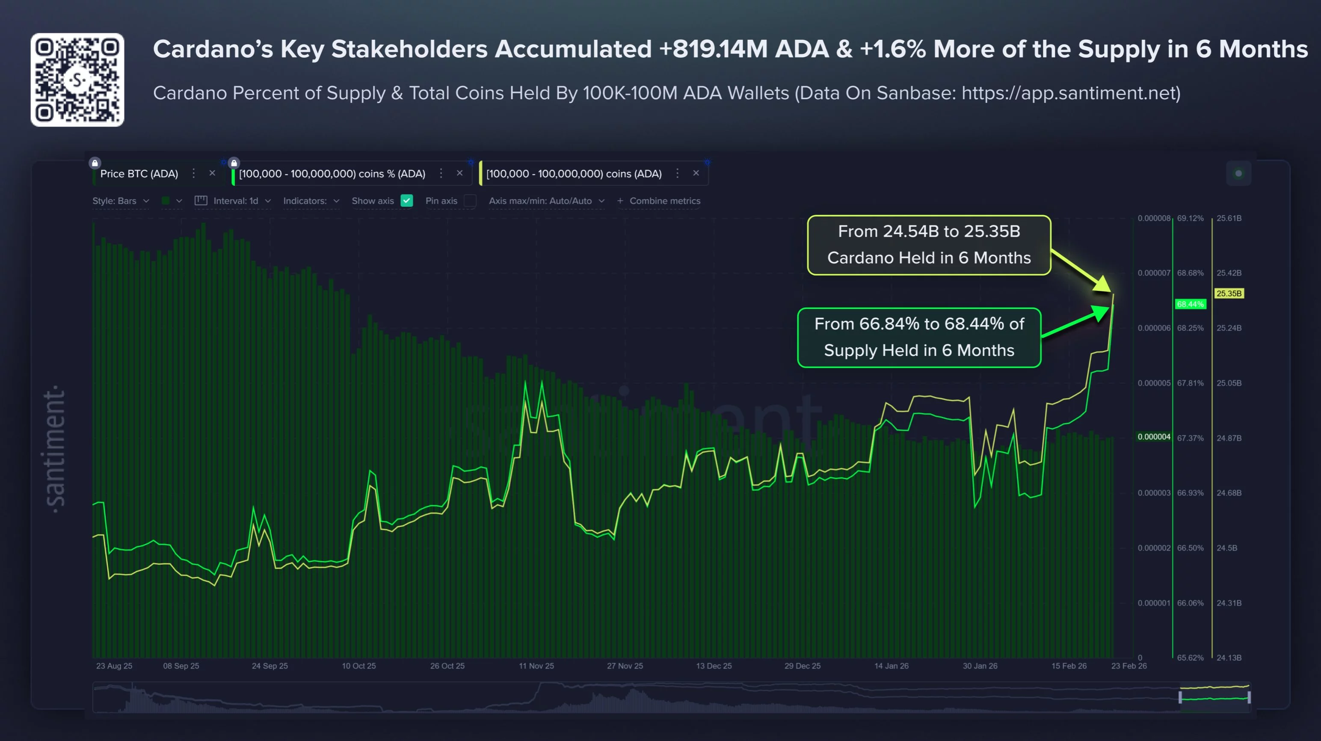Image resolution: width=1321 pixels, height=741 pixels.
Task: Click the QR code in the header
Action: (x=77, y=80)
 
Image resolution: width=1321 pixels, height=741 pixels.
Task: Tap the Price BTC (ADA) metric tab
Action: (x=139, y=174)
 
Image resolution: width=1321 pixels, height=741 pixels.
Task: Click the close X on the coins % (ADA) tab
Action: (x=459, y=173)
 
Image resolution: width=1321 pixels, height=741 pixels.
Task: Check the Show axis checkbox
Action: (x=407, y=201)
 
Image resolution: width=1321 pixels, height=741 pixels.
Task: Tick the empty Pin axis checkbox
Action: (x=470, y=201)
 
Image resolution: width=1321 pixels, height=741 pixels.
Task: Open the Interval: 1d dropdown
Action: (x=241, y=201)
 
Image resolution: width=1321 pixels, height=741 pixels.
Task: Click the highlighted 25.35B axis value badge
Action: (x=1229, y=293)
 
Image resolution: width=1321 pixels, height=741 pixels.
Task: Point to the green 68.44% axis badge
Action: (x=1190, y=304)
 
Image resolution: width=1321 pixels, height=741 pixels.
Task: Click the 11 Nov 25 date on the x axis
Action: (x=536, y=666)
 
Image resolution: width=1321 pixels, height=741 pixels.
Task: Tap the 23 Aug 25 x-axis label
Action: (x=114, y=666)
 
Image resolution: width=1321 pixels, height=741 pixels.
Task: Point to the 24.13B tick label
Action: (x=1229, y=658)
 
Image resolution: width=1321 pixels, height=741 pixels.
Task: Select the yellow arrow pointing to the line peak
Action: (x=1082, y=271)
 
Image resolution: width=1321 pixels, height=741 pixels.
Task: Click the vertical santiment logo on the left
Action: (x=55, y=449)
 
